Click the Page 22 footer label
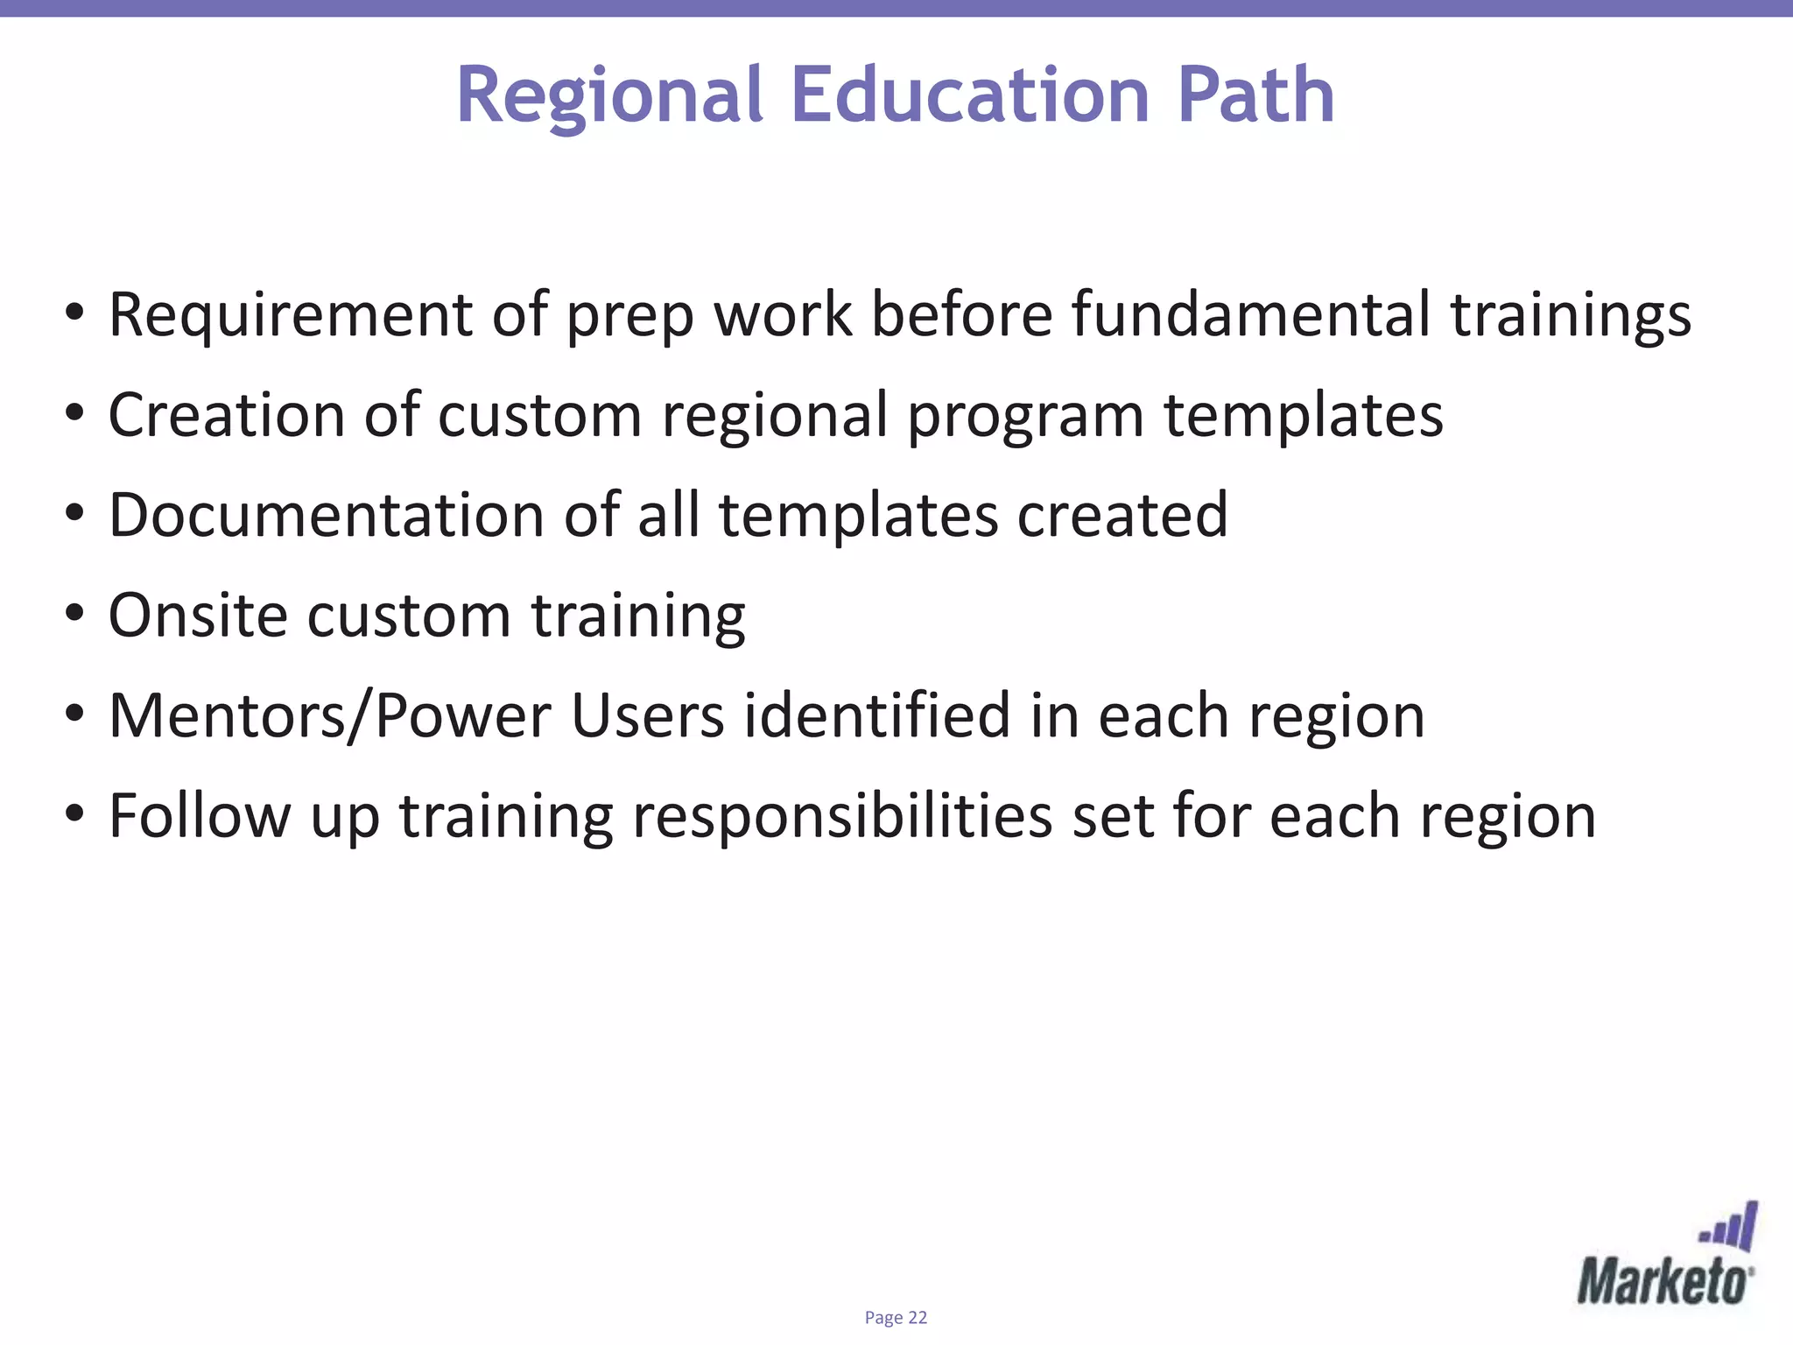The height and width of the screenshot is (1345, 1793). [x=896, y=1318]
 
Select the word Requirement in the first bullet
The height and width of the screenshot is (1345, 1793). [x=290, y=315]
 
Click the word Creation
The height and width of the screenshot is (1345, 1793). [x=227, y=414]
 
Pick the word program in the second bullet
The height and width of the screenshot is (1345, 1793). [x=1025, y=416]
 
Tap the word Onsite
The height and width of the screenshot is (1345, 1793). [x=198, y=615]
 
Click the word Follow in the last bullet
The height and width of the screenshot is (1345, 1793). [x=200, y=816]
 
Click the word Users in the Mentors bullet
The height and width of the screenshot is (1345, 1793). [x=648, y=716]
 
